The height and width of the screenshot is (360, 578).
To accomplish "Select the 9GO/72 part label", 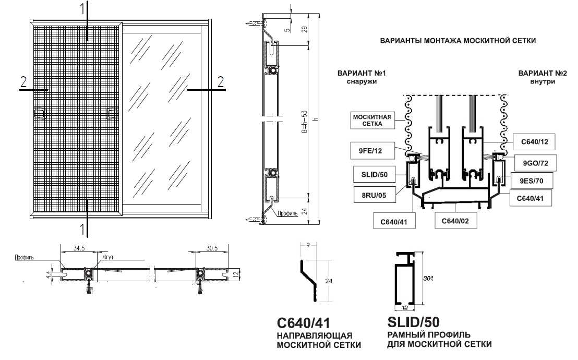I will pyautogui.click(x=535, y=163).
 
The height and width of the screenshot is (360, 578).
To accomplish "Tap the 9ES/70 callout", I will pyautogui.click(x=535, y=181).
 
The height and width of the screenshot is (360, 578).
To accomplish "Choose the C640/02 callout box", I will pyautogui.click(x=456, y=221).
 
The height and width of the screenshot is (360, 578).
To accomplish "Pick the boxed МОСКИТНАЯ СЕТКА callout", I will pyautogui.click(x=372, y=121).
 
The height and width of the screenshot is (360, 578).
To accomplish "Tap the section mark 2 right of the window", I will pyautogui.click(x=221, y=81).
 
